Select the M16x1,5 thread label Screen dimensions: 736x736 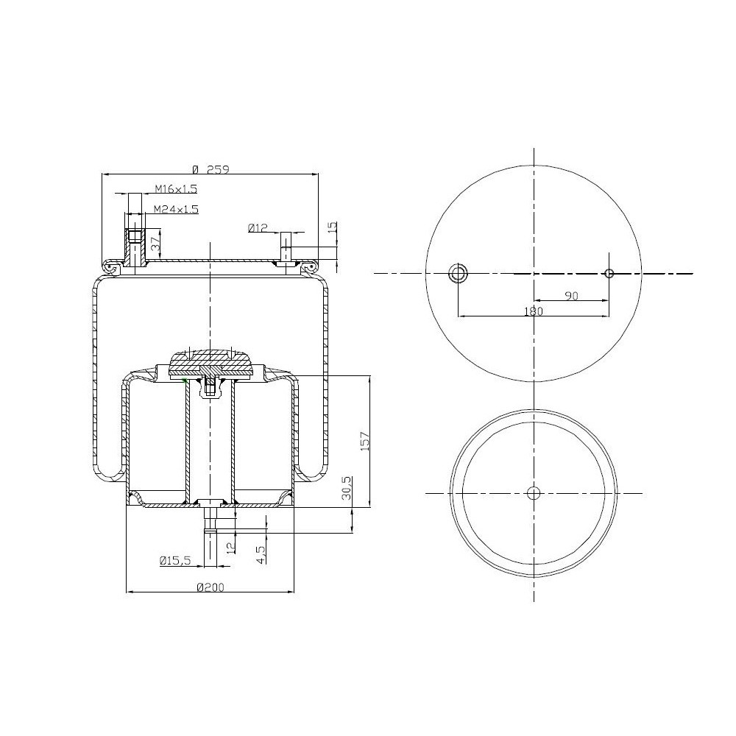(x=175, y=189)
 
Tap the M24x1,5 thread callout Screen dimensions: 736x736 (x=176, y=209)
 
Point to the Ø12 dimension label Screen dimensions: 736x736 (x=258, y=229)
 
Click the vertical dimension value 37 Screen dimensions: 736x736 (x=155, y=244)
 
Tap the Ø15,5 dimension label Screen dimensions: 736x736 (x=175, y=561)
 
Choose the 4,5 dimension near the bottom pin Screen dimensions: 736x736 (x=261, y=552)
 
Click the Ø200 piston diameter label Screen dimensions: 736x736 (x=210, y=587)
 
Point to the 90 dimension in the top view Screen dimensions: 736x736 (x=570, y=295)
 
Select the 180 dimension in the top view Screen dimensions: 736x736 (x=533, y=311)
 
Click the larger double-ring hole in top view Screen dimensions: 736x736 (x=459, y=274)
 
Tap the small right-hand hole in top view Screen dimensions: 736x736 (x=609, y=274)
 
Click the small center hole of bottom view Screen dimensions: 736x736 (x=534, y=492)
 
